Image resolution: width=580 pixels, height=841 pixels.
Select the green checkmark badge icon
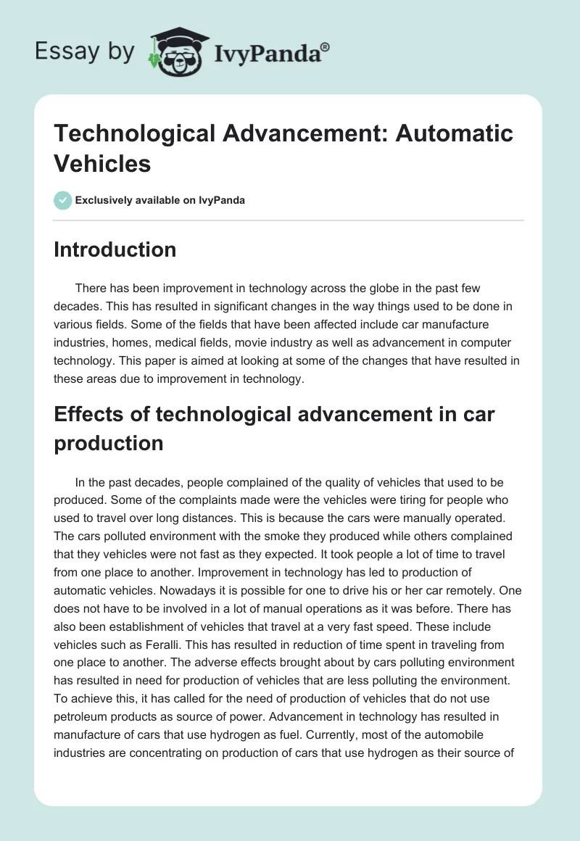pyautogui.click(x=63, y=200)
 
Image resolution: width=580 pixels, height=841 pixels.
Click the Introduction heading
pyautogui.click(x=115, y=249)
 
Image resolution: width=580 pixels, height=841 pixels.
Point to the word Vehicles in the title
pyautogui.click(x=102, y=163)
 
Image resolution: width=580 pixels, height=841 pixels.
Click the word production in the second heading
pyautogui.click(x=109, y=443)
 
